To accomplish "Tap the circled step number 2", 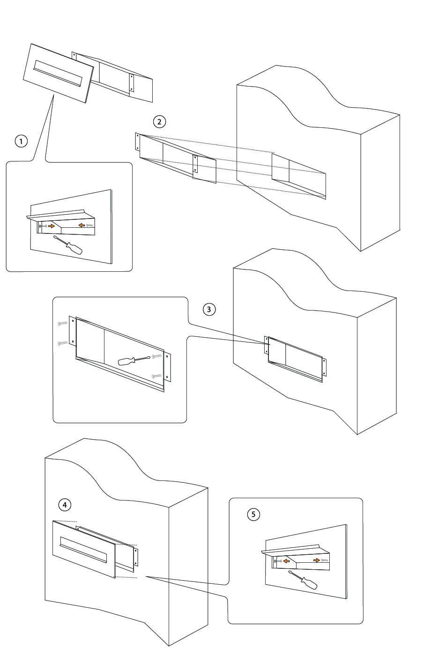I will pyautogui.click(x=160, y=122).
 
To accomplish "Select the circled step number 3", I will pyautogui.click(x=209, y=309).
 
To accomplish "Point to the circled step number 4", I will pyautogui.click(x=65, y=504).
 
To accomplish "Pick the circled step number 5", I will pyautogui.click(x=253, y=515).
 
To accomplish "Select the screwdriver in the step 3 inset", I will pyautogui.click(x=133, y=360).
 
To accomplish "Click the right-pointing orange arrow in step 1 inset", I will pyautogui.click(x=52, y=226).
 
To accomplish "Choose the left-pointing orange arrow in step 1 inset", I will pyautogui.click(x=81, y=225).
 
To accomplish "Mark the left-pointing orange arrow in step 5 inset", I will pyautogui.click(x=286, y=561).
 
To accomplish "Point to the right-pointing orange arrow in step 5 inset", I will pyautogui.click(x=317, y=559).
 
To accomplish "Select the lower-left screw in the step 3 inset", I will pyautogui.click(x=62, y=344).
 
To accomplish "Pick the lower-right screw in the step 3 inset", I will pyautogui.click(x=156, y=376).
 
